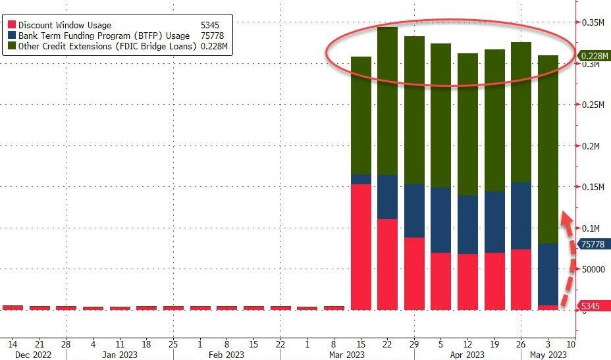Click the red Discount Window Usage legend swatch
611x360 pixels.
click(x=11, y=25)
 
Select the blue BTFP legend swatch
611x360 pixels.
click(x=11, y=36)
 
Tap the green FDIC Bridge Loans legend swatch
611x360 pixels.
click(x=11, y=46)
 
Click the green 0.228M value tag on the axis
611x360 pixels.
click(x=593, y=57)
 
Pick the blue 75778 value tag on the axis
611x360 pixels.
click(x=593, y=244)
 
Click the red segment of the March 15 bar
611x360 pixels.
click(x=361, y=247)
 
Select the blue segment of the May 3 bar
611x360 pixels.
click(x=548, y=274)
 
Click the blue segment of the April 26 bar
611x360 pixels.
click(x=521, y=216)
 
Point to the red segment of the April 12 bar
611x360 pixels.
click(x=467, y=282)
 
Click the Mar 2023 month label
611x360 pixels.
click(x=346, y=355)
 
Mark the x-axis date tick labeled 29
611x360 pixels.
click(x=415, y=343)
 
